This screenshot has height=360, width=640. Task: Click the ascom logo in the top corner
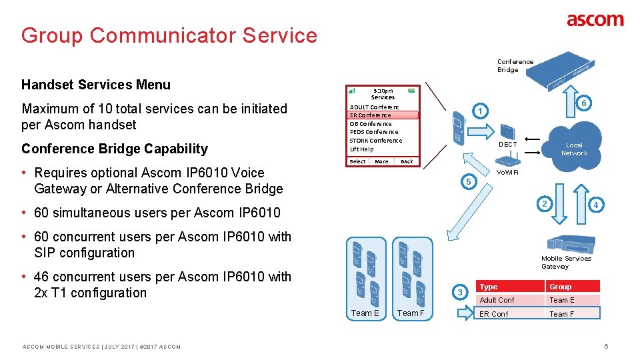tap(595, 20)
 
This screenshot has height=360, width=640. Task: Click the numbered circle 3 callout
tap(459, 292)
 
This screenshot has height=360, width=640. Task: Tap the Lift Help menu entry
tap(362, 149)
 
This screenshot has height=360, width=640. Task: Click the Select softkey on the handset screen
tap(357, 161)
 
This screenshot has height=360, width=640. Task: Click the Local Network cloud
tap(573, 149)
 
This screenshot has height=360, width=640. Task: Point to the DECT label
tap(507, 144)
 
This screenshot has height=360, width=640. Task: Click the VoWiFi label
tap(507, 172)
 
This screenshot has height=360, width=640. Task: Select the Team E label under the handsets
tap(365, 313)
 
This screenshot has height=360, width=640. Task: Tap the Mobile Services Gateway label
tap(565, 262)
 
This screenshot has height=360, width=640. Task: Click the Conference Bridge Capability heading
tap(115, 149)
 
